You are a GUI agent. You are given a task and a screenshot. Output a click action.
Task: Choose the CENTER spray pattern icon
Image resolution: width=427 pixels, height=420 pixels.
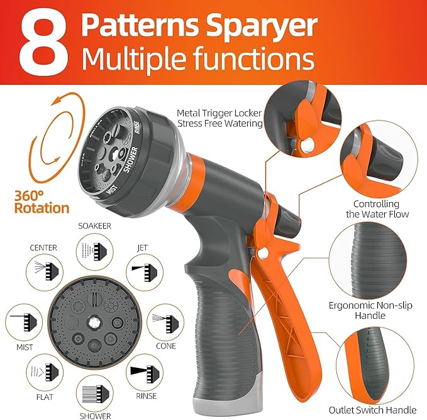(x=43, y=269)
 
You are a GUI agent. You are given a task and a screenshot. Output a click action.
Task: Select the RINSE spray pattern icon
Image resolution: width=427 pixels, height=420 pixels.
(x=143, y=372)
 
